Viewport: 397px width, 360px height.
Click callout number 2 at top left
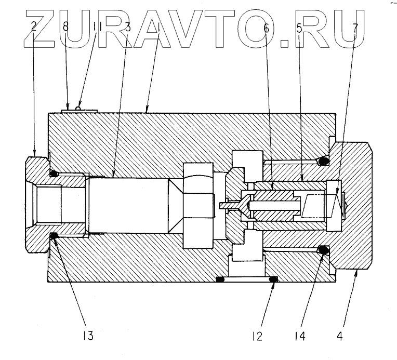click(34, 27)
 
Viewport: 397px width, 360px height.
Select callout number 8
click(65, 27)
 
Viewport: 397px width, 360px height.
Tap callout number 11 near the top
click(97, 27)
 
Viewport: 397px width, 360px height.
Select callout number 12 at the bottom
click(258, 336)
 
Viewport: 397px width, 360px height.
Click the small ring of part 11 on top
click(78, 108)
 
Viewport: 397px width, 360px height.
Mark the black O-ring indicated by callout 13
click(53, 237)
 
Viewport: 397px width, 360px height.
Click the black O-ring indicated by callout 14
click(323, 251)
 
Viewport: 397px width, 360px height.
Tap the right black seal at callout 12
click(273, 280)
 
